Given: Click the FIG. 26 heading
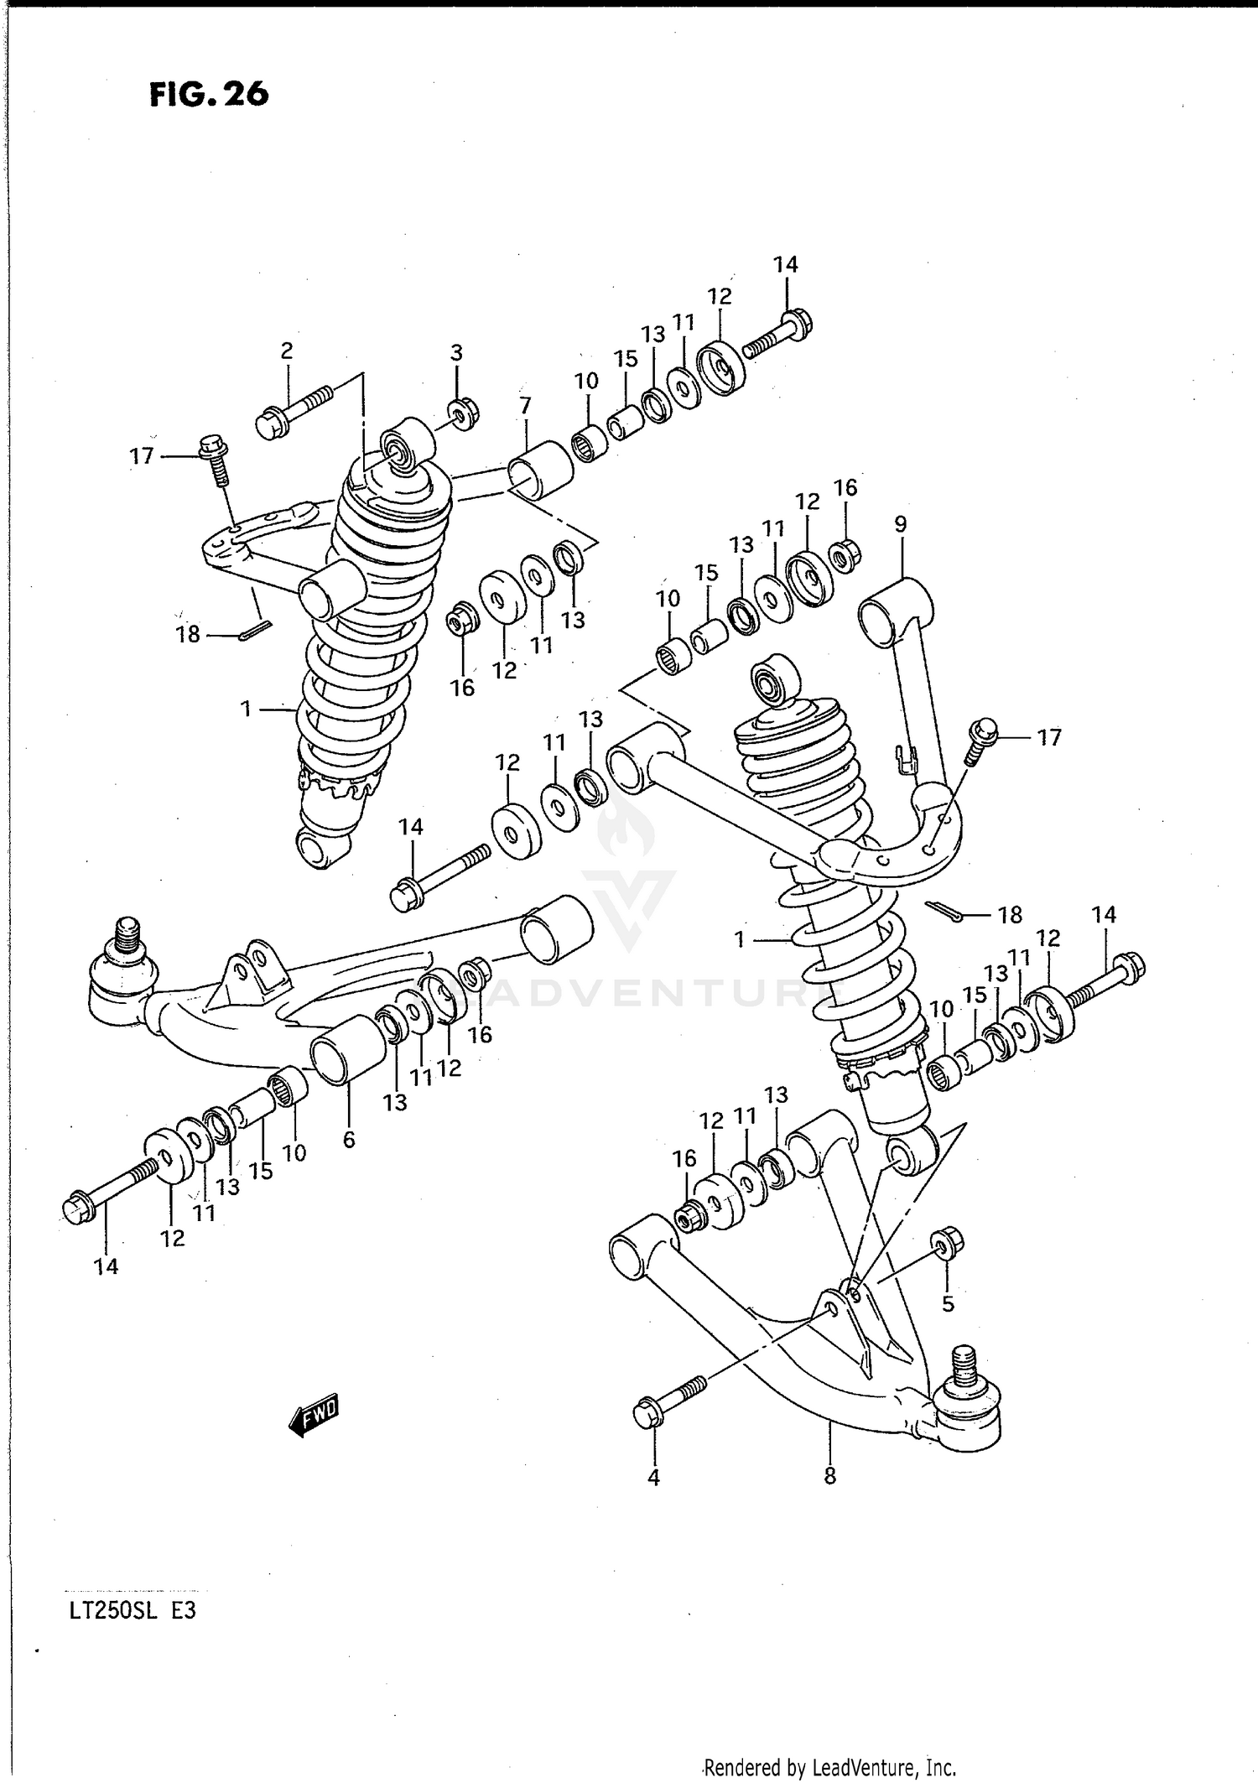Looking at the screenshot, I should tap(209, 94).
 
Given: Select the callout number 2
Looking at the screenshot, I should tap(287, 351).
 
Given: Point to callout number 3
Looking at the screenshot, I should tap(456, 353).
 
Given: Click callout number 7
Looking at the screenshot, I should tap(525, 406).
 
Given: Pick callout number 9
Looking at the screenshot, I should tap(901, 525).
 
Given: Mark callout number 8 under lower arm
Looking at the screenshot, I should tap(829, 1475).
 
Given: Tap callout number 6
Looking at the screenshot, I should tap(349, 1139).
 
